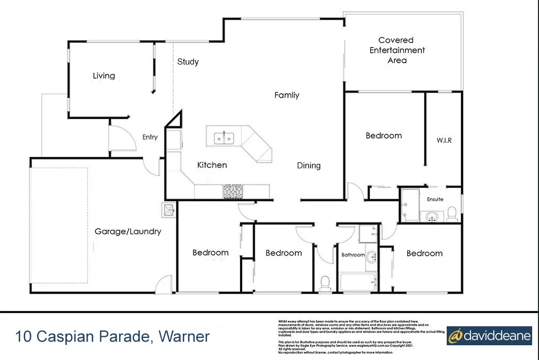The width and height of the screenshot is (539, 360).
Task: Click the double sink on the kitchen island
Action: tap(224, 138)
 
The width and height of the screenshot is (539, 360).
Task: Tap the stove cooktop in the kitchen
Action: tap(232, 192)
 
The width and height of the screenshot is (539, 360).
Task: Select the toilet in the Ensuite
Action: tap(451, 214)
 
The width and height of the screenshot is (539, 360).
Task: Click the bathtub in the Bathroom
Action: tap(358, 281)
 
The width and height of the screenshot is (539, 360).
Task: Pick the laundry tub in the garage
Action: tap(168, 210)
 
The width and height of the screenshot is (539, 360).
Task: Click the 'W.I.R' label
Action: tap(444, 140)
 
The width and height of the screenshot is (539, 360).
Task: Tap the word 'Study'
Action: tap(188, 62)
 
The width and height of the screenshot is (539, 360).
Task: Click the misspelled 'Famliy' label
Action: tap(287, 95)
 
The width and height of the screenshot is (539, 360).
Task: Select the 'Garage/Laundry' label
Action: tap(128, 231)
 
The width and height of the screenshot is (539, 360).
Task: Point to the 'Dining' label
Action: tap(309, 166)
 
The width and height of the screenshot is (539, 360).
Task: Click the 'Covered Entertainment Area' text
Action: tap(397, 50)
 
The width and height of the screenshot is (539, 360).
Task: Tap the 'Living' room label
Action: tap(104, 76)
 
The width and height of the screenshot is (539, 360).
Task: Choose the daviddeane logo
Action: tap(489, 335)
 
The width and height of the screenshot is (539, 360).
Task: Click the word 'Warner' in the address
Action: tap(184, 336)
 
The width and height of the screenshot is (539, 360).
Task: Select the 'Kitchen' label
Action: tap(212, 165)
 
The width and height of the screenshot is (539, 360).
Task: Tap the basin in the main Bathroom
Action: tap(372, 258)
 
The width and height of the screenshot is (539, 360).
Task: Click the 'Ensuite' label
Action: tap(435, 199)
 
